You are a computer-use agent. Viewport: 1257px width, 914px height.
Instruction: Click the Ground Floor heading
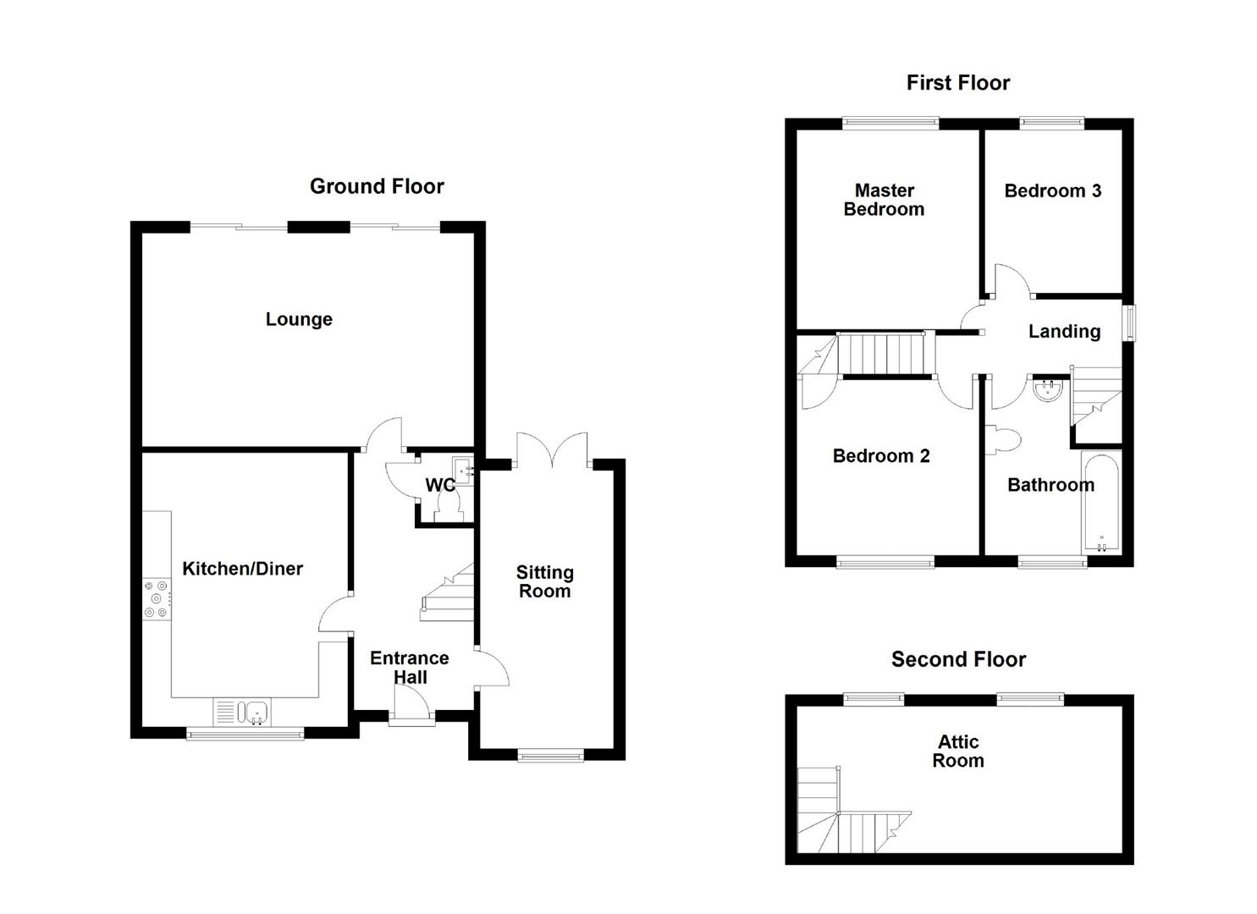pyautogui.click(x=377, y=186)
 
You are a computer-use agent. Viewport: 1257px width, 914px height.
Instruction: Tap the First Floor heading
pyautogui.click(x=957, y=83)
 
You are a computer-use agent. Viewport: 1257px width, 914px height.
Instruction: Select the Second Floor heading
pyautogui.click(x=958, y=659)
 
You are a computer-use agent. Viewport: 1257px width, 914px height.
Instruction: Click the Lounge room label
pyautogui.click(x=299, y=319)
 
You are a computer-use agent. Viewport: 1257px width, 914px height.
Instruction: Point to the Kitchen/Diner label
pyautogui.click(x=243, y=569)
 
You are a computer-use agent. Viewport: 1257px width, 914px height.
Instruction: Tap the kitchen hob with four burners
pyautogui.click(x=157, y=598)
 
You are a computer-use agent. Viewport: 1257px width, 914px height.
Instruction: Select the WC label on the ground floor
pyautogui.click(x=439, y=485)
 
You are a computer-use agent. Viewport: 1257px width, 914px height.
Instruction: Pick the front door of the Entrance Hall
pyautogui.click(x=411, y=705)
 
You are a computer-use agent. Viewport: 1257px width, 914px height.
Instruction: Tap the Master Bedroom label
pyautogui.click(x=884, y=200)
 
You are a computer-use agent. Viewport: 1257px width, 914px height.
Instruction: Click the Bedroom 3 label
pyautogui.click(x=1052, y=191)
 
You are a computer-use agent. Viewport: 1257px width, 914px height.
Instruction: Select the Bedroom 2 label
pyautogui.click(x=881, y=456)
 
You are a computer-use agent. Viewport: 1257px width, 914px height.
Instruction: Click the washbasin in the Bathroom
pyautogui.click(x=1048, y=389)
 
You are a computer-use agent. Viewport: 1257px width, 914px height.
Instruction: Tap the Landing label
pyautogui.click(x=1064, y=332)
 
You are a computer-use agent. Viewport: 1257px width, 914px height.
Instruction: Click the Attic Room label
pyautogui.click(x=958, y=752)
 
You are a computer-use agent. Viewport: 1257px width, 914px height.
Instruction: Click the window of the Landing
pyautogui.click(x=1129, y=322)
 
